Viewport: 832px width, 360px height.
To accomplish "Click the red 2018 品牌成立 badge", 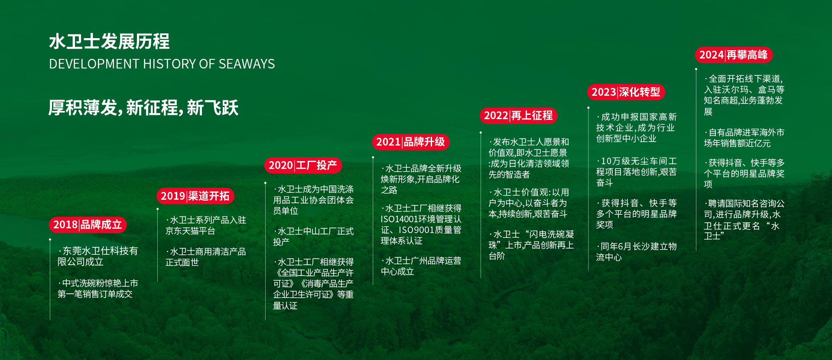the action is (88, 224).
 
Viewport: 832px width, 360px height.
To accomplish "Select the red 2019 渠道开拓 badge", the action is (195, 196).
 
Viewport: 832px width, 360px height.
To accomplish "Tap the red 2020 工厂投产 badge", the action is (303, 165).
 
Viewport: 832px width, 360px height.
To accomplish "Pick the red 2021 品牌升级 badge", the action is (411, 142).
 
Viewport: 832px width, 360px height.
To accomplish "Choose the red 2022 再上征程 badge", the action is (518, 115).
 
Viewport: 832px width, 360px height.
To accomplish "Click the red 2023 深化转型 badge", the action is (626, 92).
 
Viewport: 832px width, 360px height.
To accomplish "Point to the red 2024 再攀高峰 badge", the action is (734, 55).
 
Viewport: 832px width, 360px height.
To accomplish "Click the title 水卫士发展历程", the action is (109, 42).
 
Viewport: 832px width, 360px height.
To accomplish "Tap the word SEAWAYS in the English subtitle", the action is (247, 64).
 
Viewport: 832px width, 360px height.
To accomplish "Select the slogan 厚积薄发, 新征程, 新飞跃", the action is (143, 108).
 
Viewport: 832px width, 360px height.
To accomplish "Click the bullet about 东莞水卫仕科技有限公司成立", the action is (98, 256).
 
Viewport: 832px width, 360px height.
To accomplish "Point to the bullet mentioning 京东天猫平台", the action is (206, 225).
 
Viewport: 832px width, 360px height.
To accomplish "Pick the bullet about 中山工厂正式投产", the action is (313, 237).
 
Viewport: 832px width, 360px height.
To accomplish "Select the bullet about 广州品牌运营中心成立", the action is (421, 266).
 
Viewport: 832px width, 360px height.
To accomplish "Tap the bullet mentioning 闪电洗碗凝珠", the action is (531, 245).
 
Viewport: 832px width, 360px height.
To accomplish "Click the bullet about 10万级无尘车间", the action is (637, 172).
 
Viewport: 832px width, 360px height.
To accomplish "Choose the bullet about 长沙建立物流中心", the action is (637, 252).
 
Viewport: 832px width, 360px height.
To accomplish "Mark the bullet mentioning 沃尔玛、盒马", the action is (744, 95).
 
